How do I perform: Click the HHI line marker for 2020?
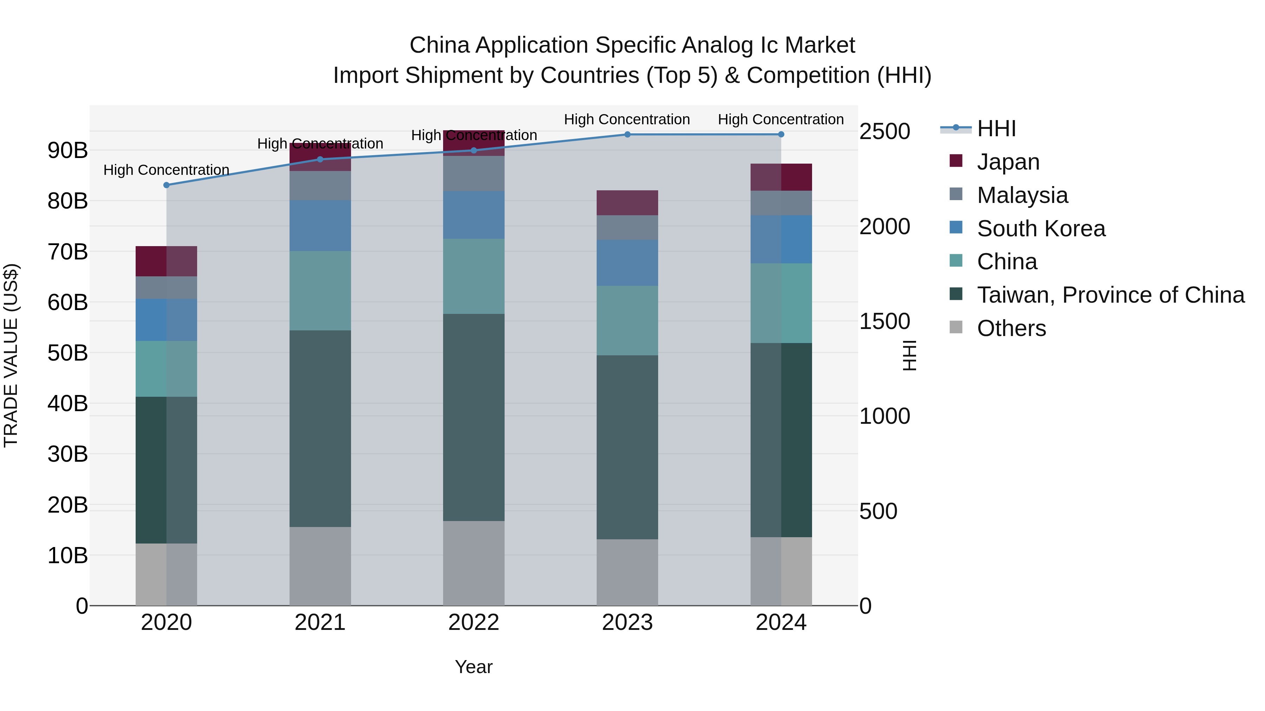(x=167, y=185)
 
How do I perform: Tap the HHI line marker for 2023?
(x=627, y=134)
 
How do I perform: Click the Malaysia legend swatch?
(x=956, y=194)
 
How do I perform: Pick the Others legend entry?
(x=1011, y=328)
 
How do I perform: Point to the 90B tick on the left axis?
(x=68, y=150)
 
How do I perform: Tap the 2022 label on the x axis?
(x=473, y=623)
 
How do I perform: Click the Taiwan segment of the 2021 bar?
(x=320, y=428)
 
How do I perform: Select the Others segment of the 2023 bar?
(x=627, y=572)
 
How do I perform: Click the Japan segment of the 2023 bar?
(x=627, y=203)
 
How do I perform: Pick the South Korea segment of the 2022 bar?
(x=473, y=215)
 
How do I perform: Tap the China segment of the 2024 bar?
(x=781, y=303)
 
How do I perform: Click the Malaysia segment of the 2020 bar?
(x=167, y=288)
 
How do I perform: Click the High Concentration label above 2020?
(x=167, y=170)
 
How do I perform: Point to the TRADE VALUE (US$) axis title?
(x=11, y=355)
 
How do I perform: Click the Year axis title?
(x=473, y=667)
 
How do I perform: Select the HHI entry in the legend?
(x=996, y=129)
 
